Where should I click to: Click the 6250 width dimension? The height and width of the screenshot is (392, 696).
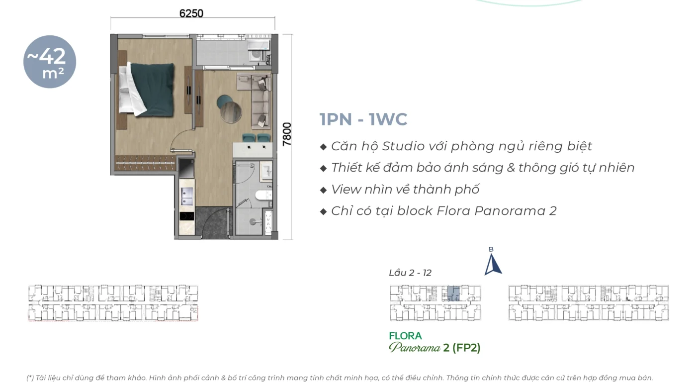(x=191, y=13)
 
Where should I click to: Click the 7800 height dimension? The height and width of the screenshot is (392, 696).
(x=287, y=134)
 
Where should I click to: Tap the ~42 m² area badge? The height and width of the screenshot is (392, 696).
(x=50, y=62)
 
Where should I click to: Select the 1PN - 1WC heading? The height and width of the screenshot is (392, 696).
(x=363, y=119)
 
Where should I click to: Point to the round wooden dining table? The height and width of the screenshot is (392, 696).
(x=231, y=112)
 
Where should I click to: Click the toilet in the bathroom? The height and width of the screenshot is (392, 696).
(x=263, y=196)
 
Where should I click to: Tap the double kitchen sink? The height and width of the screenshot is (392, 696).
(x=187, y=196)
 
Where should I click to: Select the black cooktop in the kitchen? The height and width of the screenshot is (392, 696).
(x=187, y=216)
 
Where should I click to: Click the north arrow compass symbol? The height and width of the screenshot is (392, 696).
(x=492, y=264)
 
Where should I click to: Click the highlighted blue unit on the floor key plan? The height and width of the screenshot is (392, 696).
(x=453, y=294)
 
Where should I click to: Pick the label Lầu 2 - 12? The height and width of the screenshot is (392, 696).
(x=410, y=273)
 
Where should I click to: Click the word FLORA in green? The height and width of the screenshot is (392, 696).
(x=405, y=336)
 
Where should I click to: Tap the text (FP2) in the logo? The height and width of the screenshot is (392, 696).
(x=466, y=347)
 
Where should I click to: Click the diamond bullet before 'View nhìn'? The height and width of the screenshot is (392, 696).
(x=324, y=190)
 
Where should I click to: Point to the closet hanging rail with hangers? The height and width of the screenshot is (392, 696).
(x=145, y=162)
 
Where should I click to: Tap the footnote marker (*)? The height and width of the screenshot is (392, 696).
(x=30, y=378)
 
